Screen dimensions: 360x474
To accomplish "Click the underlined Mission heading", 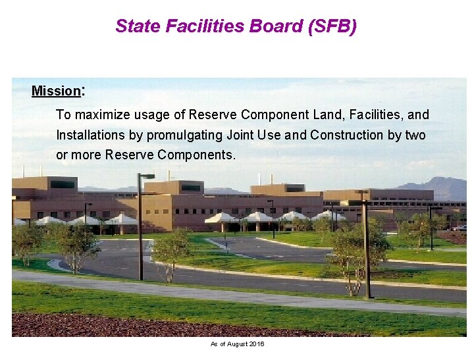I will (55, 91).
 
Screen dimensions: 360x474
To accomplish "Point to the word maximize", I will (102, 115).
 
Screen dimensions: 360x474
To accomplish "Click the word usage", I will (151, 115).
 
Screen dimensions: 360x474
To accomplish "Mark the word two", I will (415, 136).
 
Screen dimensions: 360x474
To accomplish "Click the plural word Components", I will (197, 155).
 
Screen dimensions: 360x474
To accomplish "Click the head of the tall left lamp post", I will (147, 176).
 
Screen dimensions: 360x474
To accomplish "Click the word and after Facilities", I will (418, 115).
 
